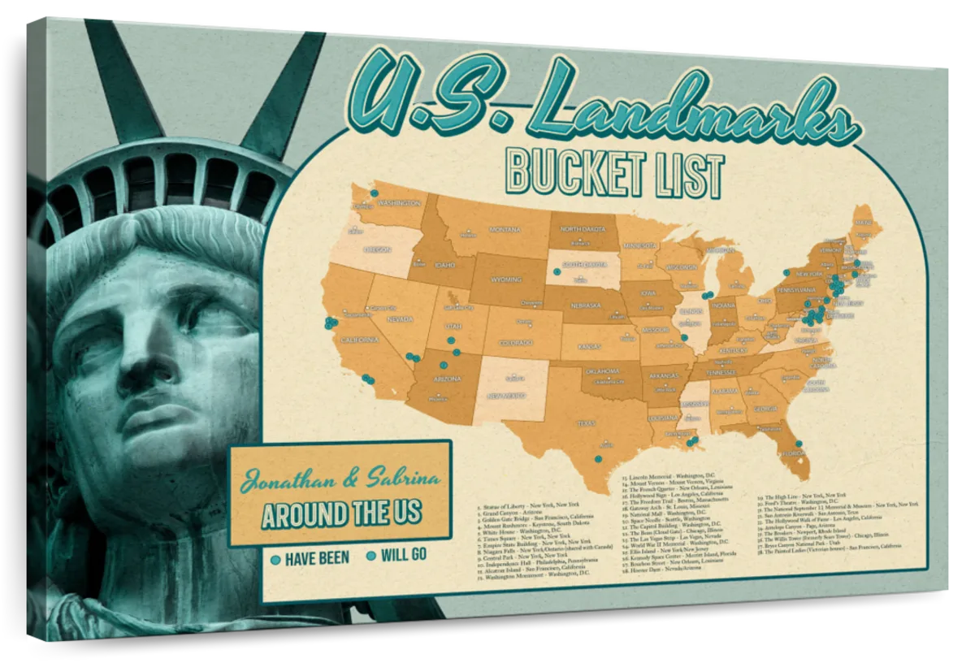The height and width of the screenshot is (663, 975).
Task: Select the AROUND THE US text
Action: tap(341, 513)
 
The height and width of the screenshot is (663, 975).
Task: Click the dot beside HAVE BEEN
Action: tap(275, 558)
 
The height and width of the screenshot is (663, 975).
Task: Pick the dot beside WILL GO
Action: tap(372, 557)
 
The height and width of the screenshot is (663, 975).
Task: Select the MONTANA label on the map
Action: tap(504, 230)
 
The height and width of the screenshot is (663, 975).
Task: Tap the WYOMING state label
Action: tap(505, 279)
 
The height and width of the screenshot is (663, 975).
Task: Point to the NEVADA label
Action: tap(400, 320)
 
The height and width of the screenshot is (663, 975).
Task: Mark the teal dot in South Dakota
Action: tap(556, 271)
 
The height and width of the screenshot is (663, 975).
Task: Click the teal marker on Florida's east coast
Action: tap(799, 444)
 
